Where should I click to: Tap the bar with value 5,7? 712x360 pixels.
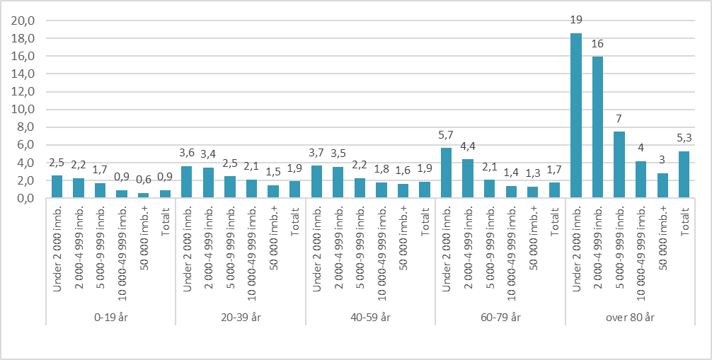(x=446, y=173)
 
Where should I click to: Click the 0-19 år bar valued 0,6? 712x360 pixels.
(x=143, y=195)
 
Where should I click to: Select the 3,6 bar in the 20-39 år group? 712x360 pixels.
(x=186, y=182)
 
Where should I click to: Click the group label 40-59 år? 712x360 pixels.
(x=369, y=318)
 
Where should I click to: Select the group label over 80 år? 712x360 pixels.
(x=629, y=318)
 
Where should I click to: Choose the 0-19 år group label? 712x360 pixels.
(x=110, y=318)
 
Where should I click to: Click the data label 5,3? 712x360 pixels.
(x=684, y=140)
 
